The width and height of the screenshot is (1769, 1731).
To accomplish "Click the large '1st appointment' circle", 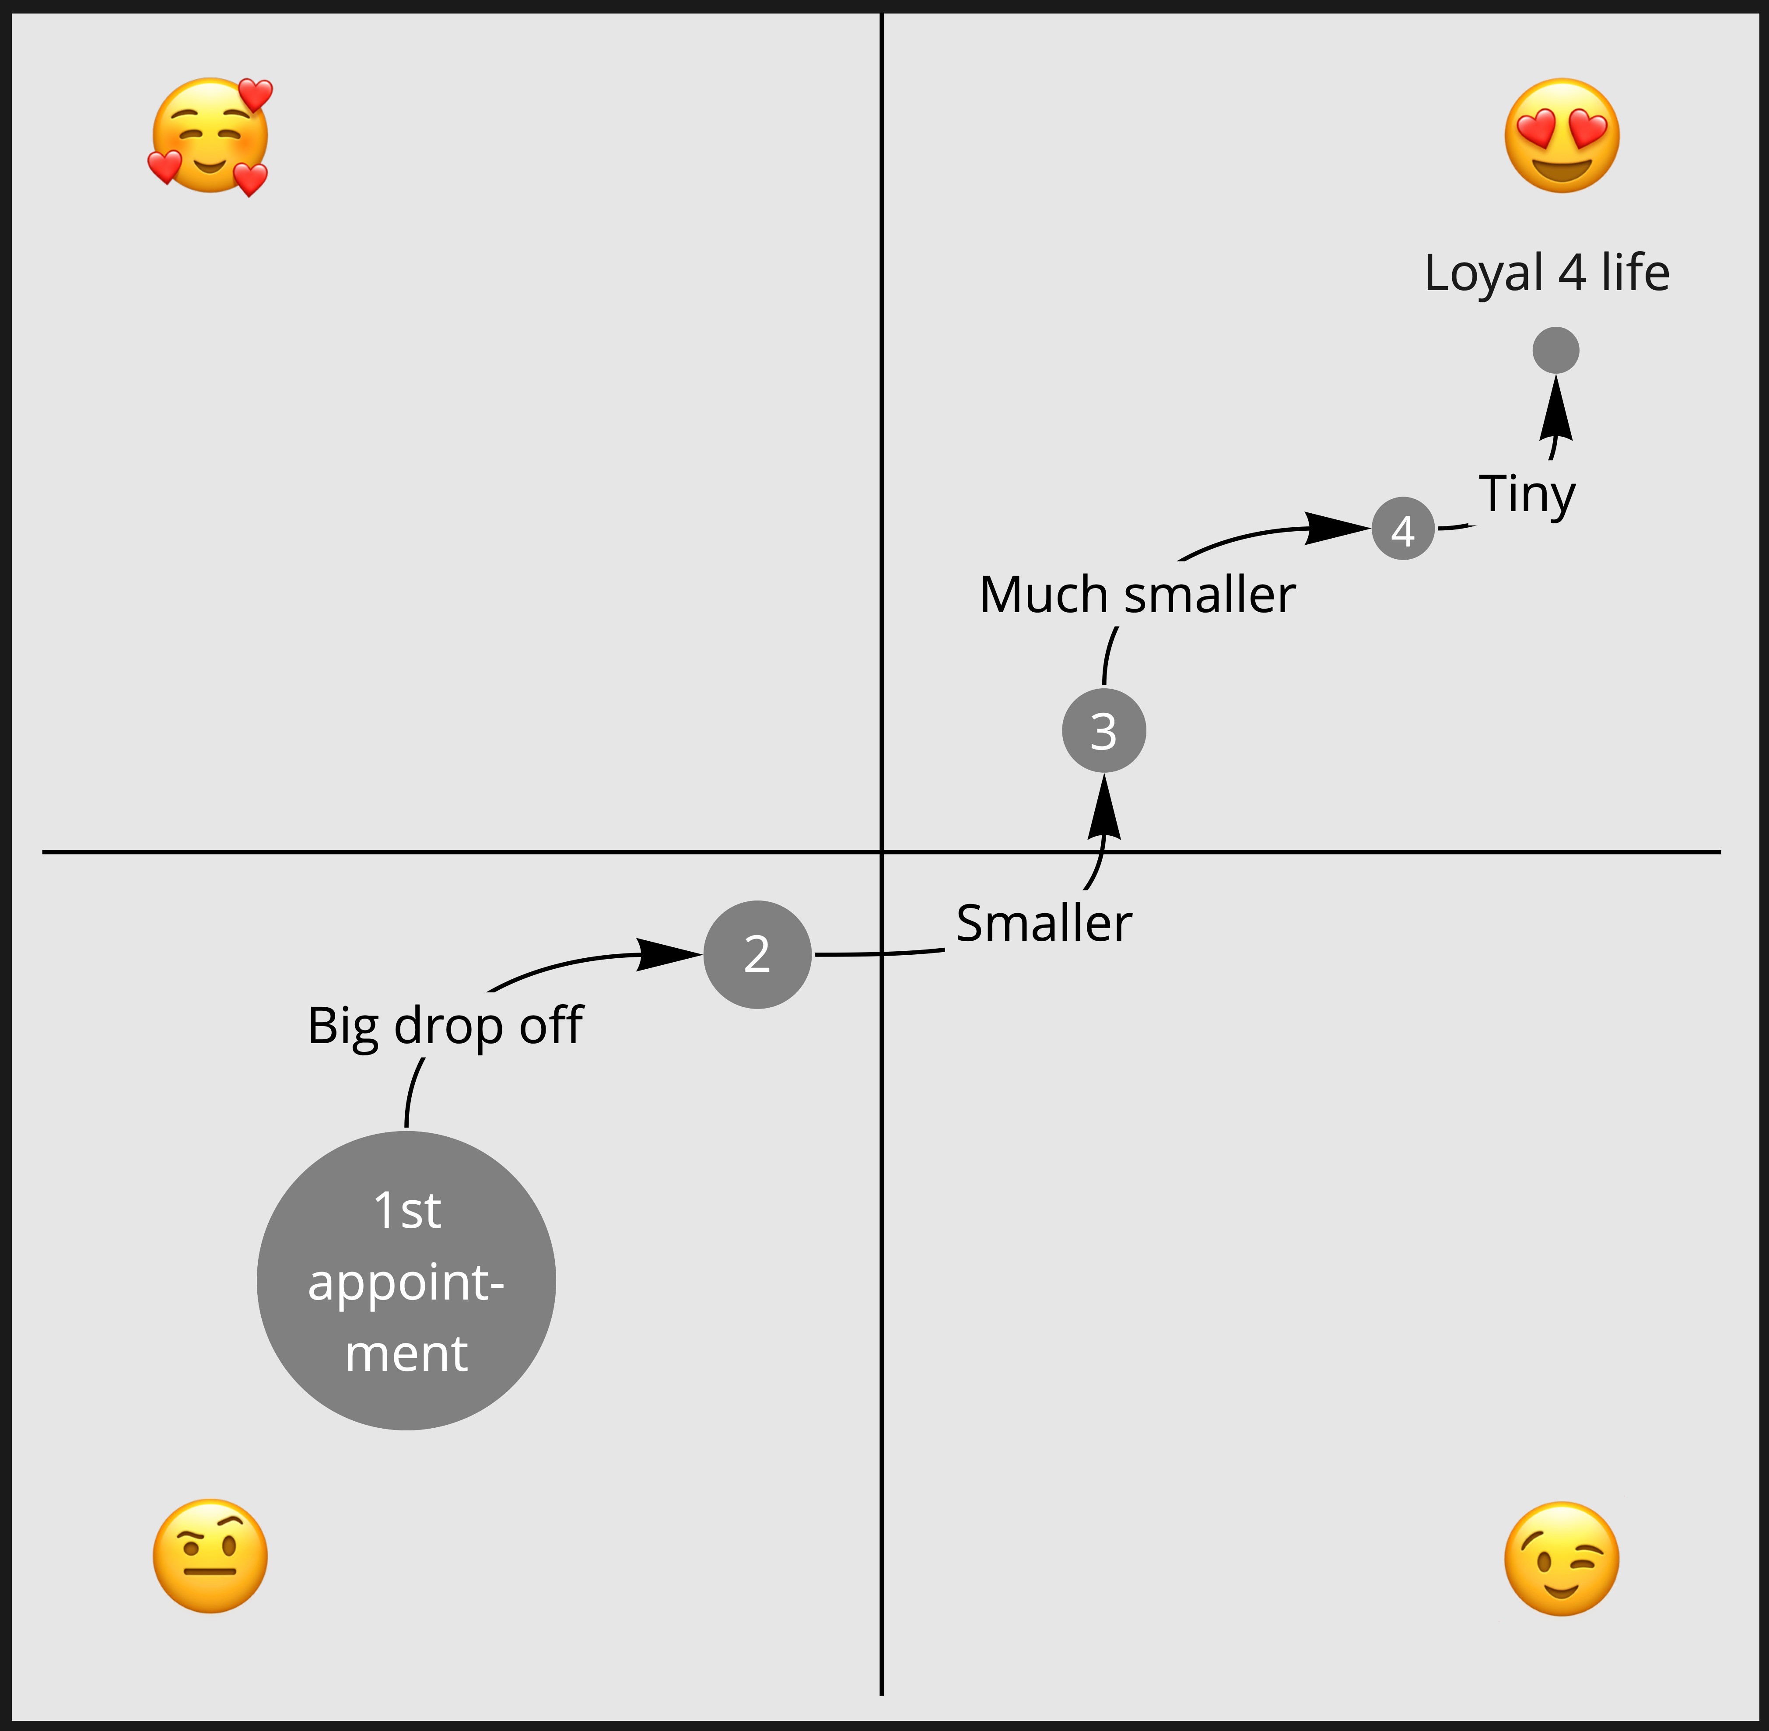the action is [x=406, y=1280].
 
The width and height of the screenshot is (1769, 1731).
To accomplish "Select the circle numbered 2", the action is [x=757, y=955].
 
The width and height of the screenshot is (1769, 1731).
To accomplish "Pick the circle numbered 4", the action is [x=1403, y=528].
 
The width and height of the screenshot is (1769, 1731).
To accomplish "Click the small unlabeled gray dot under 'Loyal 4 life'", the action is [x=1555, y=350].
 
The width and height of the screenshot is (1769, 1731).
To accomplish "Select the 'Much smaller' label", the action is [x=1137, y=596].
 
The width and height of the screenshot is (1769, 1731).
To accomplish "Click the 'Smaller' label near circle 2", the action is [x=1044, y=924].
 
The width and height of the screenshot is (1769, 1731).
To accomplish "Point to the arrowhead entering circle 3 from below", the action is [x=1104, y=807].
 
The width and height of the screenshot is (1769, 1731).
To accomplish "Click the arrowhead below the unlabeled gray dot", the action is [x=1556, y=407].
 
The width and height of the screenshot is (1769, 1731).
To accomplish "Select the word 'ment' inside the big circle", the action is [x=406, y=1354].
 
